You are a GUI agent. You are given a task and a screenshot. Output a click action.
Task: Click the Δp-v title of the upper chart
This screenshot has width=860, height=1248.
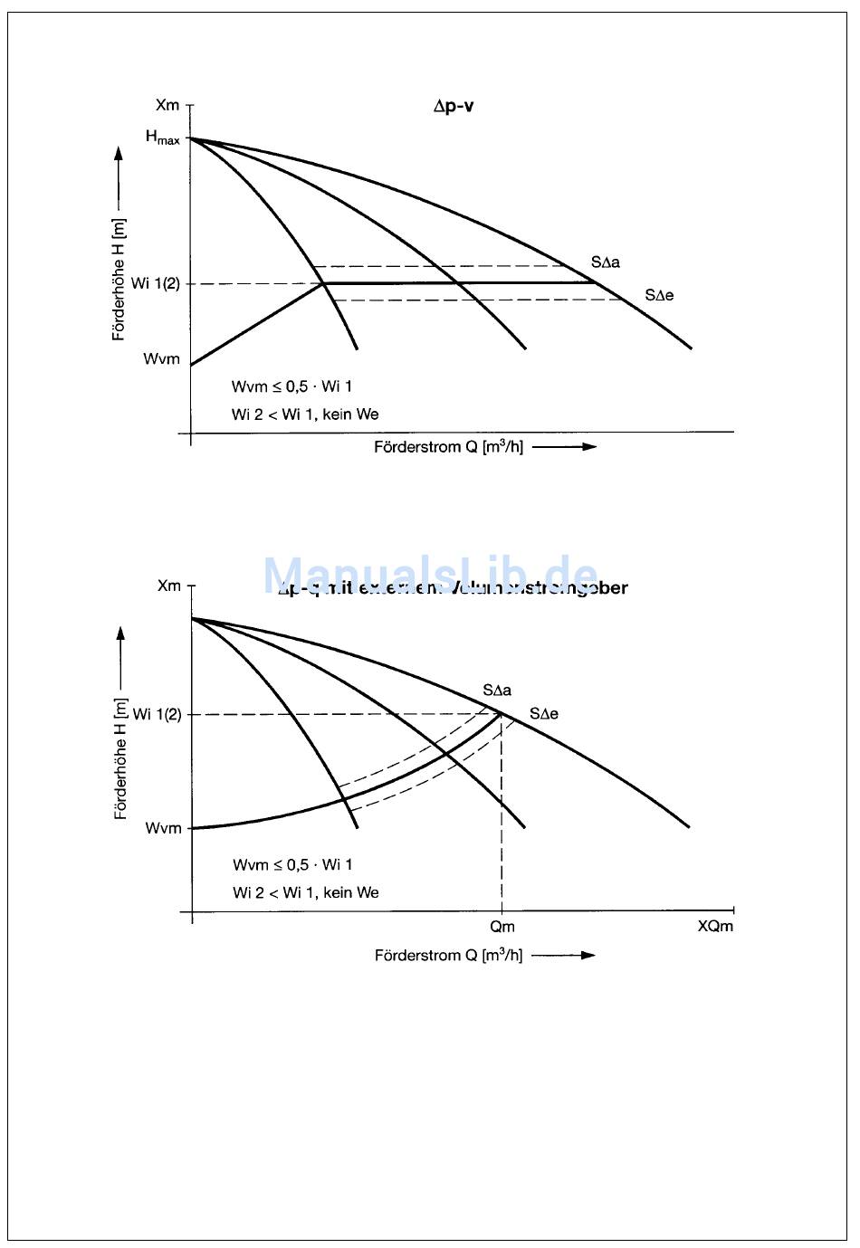[454, 106]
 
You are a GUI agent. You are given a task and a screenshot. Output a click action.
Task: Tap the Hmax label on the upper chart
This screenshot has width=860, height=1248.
[163, 138]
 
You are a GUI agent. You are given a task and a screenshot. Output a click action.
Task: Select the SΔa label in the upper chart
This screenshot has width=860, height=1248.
[606, 262]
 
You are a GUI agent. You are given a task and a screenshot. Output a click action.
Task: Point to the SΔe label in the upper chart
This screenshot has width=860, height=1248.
[659, 295]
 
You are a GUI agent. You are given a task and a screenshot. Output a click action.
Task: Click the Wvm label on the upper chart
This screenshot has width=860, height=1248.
[162, 359]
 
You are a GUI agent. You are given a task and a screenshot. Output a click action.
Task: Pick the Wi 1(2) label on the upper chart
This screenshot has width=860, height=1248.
[156, 283]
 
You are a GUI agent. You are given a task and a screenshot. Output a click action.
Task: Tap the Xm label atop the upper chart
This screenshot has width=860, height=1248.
[167, 106]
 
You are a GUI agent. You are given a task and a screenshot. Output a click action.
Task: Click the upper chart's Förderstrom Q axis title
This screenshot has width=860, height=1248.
[448, 447]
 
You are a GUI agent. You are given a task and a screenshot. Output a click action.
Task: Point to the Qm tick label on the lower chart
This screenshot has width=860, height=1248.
[502, 927]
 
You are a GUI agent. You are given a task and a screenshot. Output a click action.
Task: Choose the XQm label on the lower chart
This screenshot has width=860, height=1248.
[715, 927]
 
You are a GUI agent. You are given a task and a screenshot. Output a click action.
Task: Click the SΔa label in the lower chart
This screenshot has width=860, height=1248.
[497, 691]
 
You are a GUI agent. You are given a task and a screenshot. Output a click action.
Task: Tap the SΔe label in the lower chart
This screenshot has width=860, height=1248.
[544, 714]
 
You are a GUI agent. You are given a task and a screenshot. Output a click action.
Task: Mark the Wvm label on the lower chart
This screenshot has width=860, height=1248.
[163, 828]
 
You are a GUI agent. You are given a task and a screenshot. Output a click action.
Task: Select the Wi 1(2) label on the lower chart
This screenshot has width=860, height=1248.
[158, 714]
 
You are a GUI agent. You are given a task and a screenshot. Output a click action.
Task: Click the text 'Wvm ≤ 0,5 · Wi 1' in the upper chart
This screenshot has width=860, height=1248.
[291, 386]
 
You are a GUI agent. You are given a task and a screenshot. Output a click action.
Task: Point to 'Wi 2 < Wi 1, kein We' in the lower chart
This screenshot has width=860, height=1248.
[305, 892]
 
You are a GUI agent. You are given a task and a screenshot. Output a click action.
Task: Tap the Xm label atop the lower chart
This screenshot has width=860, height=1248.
[169, 586]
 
